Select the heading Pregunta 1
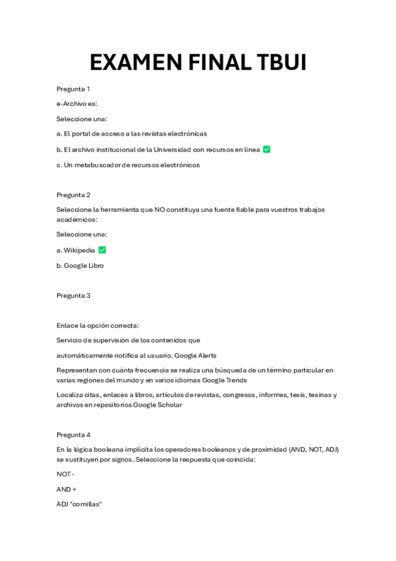click(x=73, y=89)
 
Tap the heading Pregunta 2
click(x=73, y=195)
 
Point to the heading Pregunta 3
click(x=73, y=296)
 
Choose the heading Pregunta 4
click(x=73, y=435)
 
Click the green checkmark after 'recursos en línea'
click(x=266, y=150)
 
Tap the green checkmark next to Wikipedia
click(x=102, y=250)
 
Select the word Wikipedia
click(x=79, y=250)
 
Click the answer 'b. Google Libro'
click(x=80, y=265)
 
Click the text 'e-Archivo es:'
click(x=77, y=104)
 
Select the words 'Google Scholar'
click(x=157, y=405)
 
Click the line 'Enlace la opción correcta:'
click(x=97, y=325)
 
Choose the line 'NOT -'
click(x=65, y=474)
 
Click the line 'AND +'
click(x=66, y=490)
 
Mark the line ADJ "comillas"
click(x=79, y=504)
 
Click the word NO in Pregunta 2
click(x=159, y=210)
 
